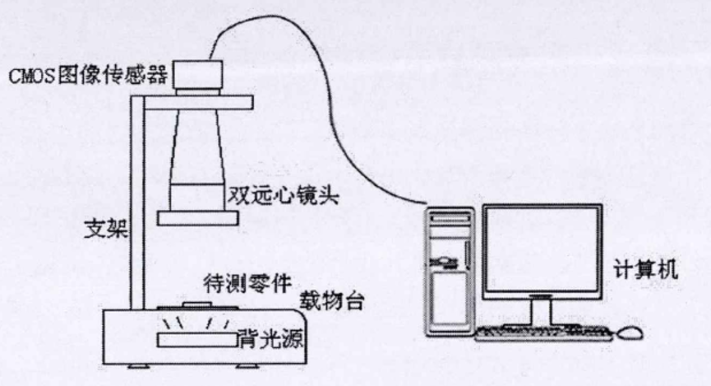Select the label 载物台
pyautogui.click(x=335, y=298)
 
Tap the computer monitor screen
pyautogui.click(x=538, y=248)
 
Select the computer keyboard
pyautogui.click(x=543, y=333)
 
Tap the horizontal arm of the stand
pyautogui.click(x=197, y=102)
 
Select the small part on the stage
pyautogui.click(x=195, y=305)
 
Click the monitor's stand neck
pyautogui.click(x=539, y=310)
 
